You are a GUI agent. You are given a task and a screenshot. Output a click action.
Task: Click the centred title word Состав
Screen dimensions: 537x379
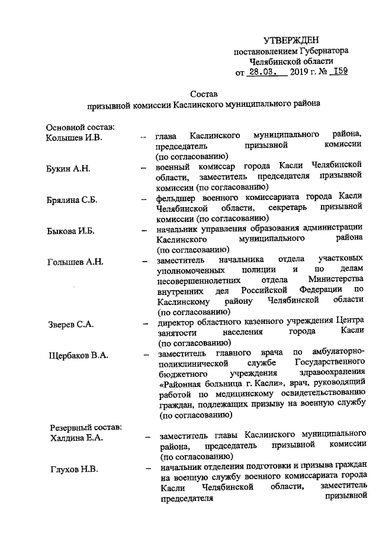click(x=204, y=93)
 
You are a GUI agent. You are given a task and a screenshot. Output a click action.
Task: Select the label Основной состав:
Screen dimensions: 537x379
click(x=80, y=128)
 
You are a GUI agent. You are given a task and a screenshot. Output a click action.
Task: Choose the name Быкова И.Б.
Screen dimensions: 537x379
click(x=69, y=231)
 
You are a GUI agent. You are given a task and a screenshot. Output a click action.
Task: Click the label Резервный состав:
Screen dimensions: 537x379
click(x=83, y=428)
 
